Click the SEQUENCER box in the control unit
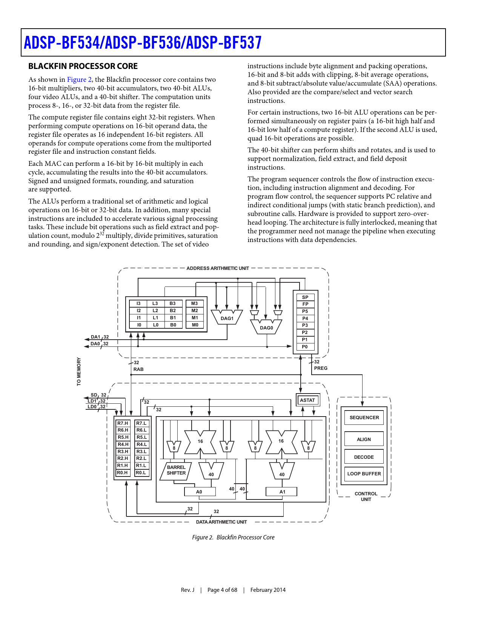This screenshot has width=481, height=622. (x=364, y=418)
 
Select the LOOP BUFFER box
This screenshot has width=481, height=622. (x=364, y=474)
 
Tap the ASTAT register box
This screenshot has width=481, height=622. (x=307, y=400)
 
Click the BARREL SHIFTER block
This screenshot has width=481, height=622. (x=176, y=470)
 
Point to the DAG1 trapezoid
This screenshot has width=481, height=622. (x=227, y=318)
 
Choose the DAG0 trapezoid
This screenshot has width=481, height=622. (x=266, y=327)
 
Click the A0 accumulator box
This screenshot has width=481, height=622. (x=200, y=492)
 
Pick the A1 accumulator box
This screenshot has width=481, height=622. (x=282, y=492)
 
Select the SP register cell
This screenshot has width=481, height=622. (x=305, y=297)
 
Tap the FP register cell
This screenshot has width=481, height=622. (x=305, y=304)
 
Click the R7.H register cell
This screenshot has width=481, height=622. (x=123, y=423)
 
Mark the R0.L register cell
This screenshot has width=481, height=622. (x=141, y=473)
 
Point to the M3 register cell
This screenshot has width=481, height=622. (x=195, y=303)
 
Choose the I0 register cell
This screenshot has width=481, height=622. (x=139, y=325)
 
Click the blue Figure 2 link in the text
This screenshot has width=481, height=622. (x=79, y=80)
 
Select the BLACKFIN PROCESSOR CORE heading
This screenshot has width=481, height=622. (x=83, y=66)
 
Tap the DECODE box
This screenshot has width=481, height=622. (x=364, y=457)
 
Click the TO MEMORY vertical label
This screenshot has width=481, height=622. (x=79, y=372)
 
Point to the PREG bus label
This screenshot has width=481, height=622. (x=321, y=368)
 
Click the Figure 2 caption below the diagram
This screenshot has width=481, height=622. (x=233, y=538)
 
